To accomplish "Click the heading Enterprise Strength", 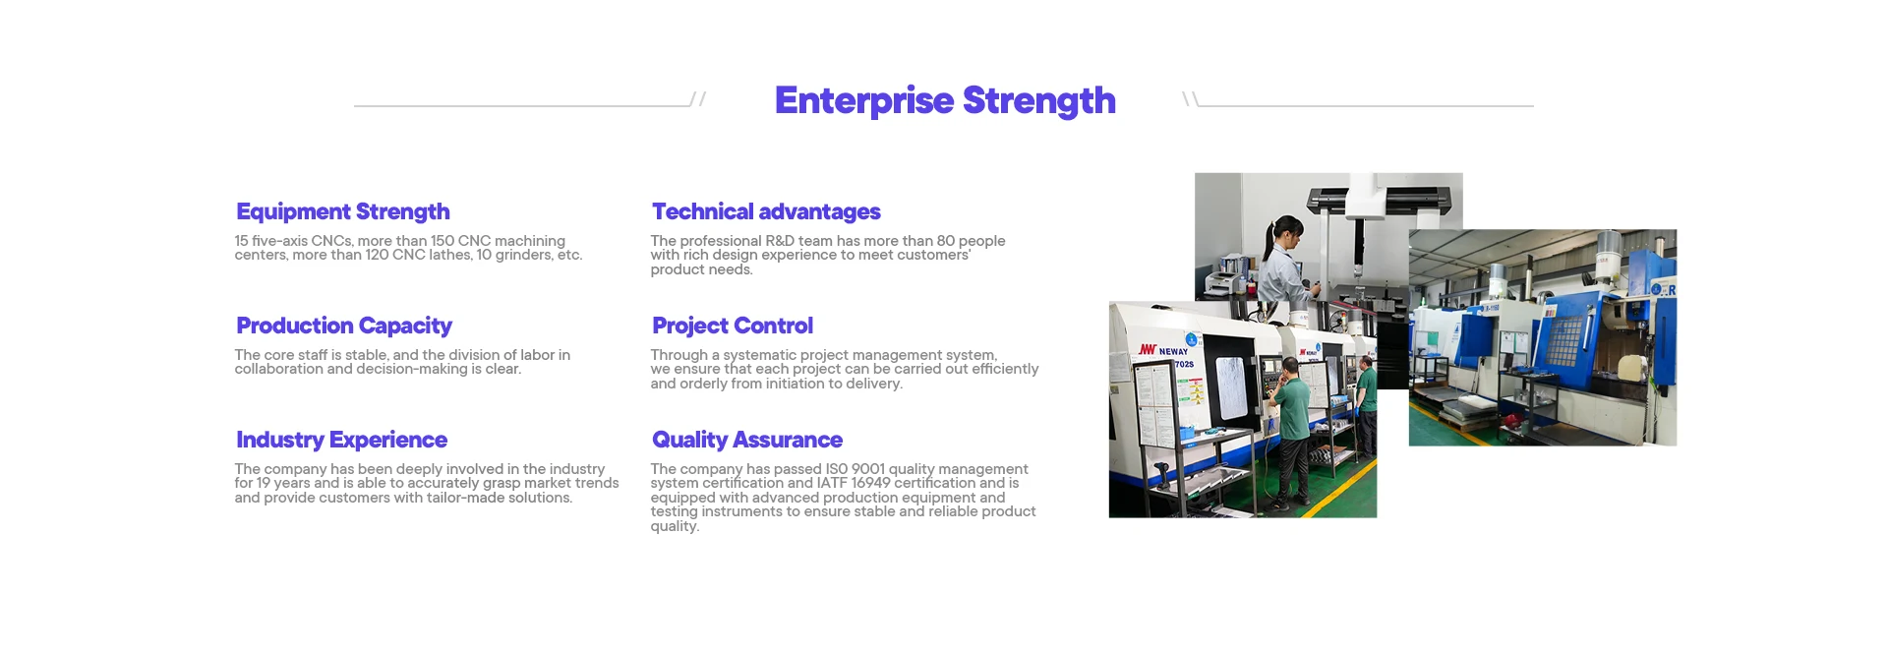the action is coord(945,101).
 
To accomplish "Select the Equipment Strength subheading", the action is coord(343,212).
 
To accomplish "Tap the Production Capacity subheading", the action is coord(344,326).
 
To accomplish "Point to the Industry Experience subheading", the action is coord(341,440).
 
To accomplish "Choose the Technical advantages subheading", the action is coord(766,211).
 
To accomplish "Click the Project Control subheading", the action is coord(733,326).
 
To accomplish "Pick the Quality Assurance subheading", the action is coord(747,440).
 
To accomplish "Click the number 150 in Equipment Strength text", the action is coord(442,241).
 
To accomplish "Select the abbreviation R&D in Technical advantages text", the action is coord(780,241).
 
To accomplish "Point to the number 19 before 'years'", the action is coord(264,483).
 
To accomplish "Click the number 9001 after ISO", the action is coord(868,469).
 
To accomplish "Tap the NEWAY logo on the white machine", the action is coord(1163,350).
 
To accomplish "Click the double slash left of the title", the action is coord(698,99).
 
